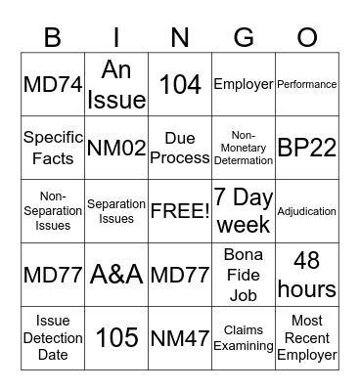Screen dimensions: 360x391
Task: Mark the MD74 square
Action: point(53,84)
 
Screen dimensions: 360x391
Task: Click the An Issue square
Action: point(116,84)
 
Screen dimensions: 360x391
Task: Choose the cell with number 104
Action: point(180,84)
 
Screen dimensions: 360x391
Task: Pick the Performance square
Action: point(307,84)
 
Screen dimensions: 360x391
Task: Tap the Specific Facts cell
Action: point(53,148)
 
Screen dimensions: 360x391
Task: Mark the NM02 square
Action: point(116,148)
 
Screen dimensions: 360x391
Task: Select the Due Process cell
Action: point(180,148)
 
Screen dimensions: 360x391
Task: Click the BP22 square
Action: point(307,148)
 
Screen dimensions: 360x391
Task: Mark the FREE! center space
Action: point(180,211)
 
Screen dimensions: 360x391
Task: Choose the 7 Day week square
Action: point(244,211)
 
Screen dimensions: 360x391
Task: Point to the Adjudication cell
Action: point(307,211)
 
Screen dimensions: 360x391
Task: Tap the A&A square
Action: point(116,275)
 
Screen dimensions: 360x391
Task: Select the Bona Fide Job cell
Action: point(244,275)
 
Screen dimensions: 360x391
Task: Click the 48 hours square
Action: point(307,275)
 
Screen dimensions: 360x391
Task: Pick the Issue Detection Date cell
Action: point(53,338)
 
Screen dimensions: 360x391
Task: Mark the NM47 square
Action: point(180,338)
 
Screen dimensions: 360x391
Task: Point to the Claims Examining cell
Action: point(244,338)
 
